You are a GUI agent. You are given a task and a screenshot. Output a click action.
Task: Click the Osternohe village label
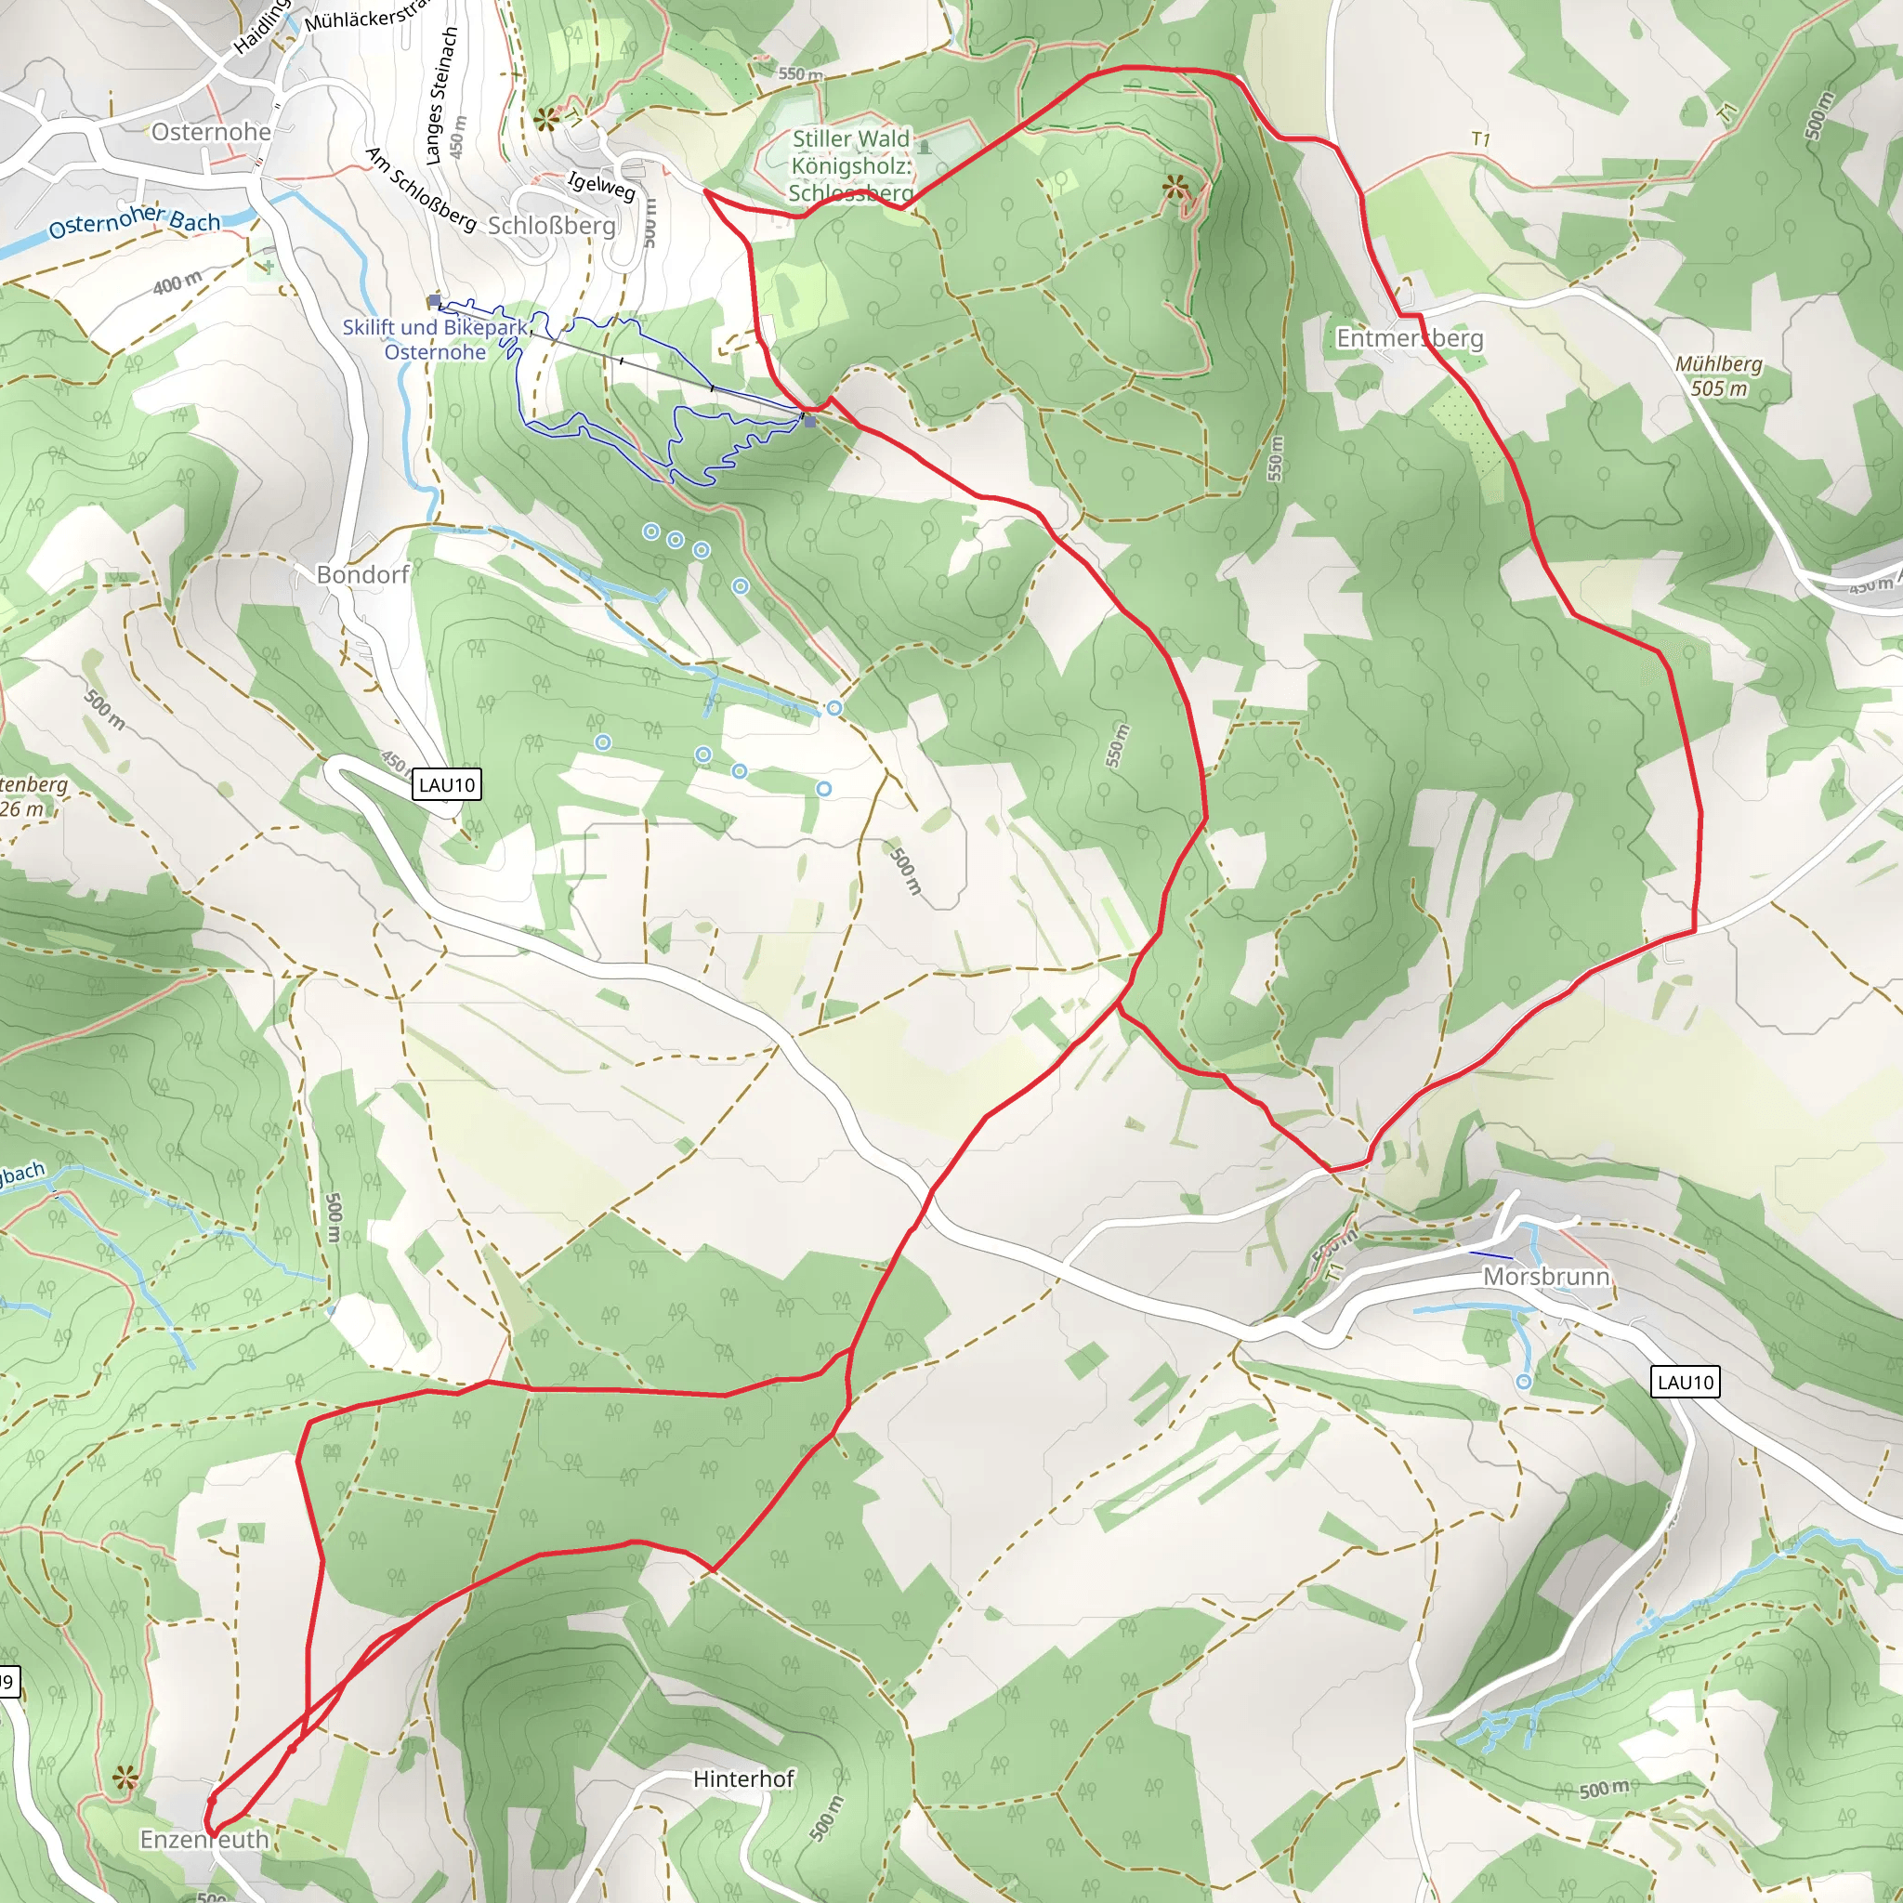[x=211, y=132]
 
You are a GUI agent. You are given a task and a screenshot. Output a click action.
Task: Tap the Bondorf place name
[x=362, y=574]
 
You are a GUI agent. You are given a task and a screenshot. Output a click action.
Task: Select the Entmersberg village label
[x=1409, y=338]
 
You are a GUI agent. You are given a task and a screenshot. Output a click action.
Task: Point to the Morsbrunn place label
[x=1545, y=1277]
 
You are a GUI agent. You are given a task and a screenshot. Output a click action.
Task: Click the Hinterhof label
[x=742, y=1778]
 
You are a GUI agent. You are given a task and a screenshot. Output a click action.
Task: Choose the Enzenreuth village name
[x=203, y=1839]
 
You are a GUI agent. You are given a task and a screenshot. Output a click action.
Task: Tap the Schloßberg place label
[x=552, y=226]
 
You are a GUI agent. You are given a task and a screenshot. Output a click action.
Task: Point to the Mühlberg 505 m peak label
[x=1719, y=376]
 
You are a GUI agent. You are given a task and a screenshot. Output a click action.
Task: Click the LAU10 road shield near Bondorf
[x=446, y=785]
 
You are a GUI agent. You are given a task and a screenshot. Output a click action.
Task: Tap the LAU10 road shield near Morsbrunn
[x=1686, y=1382]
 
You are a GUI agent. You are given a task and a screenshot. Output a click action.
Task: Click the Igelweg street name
[x=602, y=185]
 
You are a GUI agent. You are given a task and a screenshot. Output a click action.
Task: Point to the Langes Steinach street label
[x=441, y=95]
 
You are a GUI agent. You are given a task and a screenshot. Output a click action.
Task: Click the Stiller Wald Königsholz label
[x=851, y=165]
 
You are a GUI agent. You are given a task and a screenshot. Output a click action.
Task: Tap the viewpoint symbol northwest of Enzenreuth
[x=125, y=1778]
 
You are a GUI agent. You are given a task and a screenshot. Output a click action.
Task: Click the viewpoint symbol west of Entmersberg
[x=1175, y=185]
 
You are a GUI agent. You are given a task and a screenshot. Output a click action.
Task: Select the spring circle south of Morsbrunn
[x=1524, y=1382]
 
